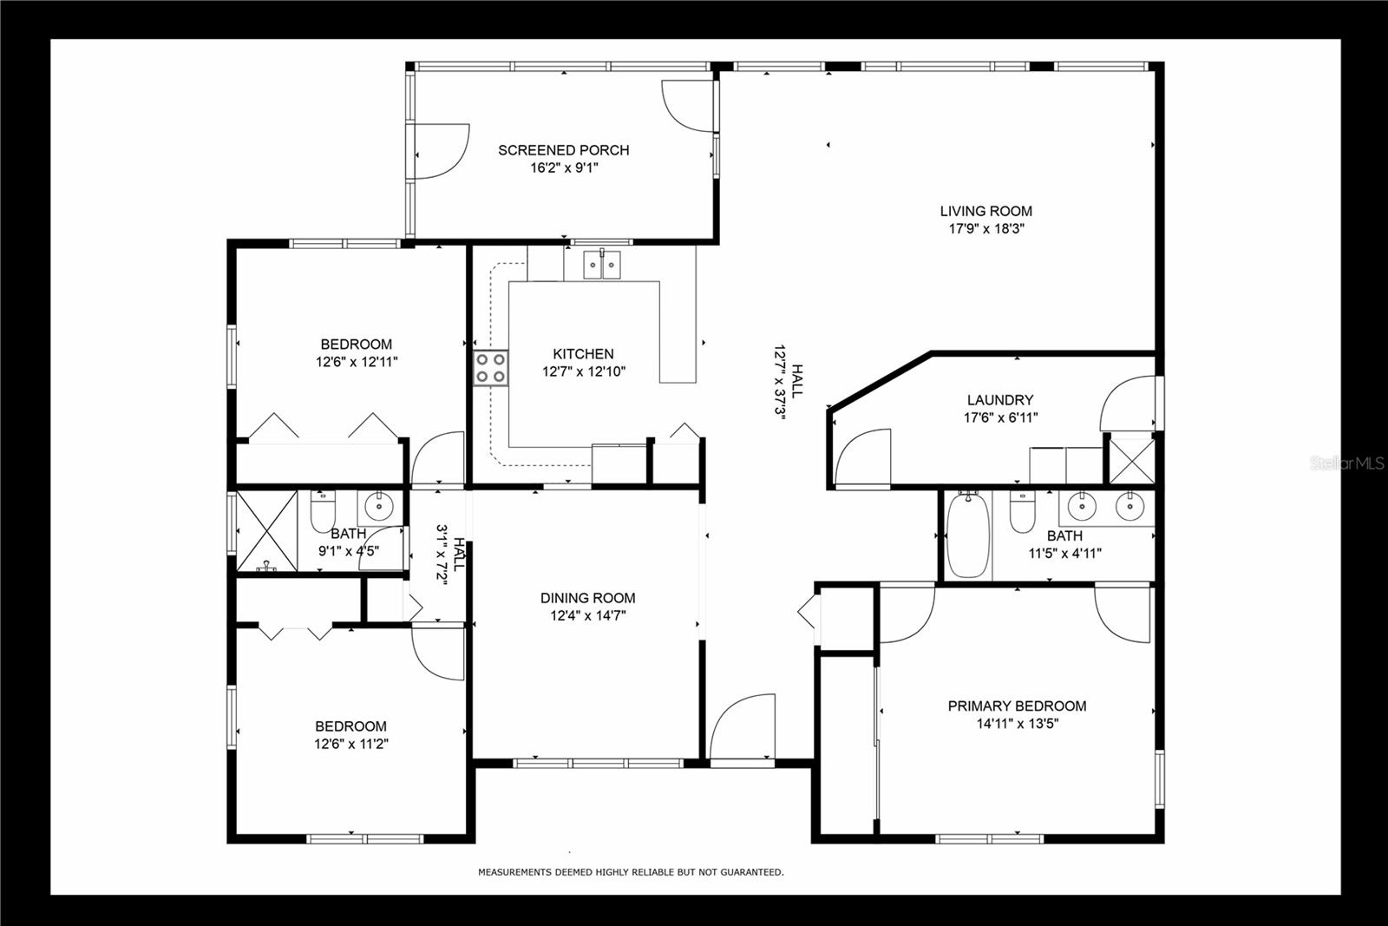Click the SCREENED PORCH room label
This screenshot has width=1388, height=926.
[x=563, y=150]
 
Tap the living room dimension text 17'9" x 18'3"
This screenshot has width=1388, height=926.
[x=986, y=229]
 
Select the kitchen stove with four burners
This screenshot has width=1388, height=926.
[x=490, y=368]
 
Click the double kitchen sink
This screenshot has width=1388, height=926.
[x=602, y=263]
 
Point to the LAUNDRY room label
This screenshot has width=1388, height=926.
[x=999, y=400]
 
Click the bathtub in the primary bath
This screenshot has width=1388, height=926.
[x=967, y=536]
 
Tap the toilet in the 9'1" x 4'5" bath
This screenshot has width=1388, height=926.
[x=322, y=512]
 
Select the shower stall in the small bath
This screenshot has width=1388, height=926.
[x=266, y=531]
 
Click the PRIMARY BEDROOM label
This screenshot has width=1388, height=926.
[x=1017, y=706]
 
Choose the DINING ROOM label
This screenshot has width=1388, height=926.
[x=587, y=598]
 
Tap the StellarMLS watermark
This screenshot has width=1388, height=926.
[x=1347, y=464]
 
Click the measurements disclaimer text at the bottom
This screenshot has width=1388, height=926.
[x=631, y=872]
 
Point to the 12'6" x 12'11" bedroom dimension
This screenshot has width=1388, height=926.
[x=356, y=362]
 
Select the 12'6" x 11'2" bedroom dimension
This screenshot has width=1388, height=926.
[x=350, y=744]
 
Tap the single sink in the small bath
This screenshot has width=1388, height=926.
[x=378, y=506]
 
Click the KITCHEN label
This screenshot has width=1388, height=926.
[x=583, y=354]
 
